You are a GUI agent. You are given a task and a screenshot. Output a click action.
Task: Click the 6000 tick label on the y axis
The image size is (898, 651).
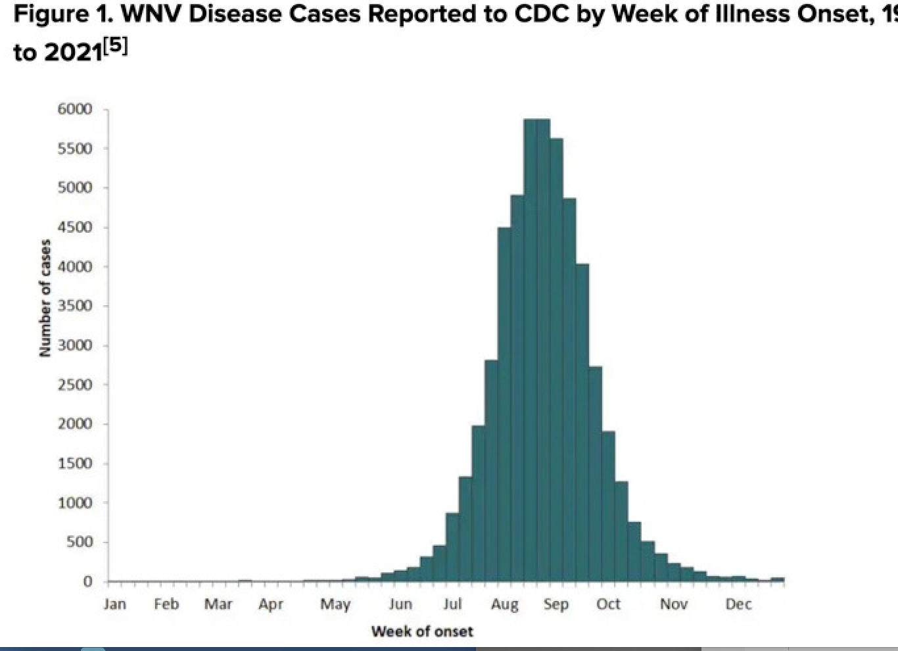(75, 109)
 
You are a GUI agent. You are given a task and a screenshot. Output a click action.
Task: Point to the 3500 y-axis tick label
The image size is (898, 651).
(75, 306)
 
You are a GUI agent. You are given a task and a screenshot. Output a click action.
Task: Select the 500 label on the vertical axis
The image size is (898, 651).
(79, 542)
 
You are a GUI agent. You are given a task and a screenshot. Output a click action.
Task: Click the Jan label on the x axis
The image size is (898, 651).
(115, 604)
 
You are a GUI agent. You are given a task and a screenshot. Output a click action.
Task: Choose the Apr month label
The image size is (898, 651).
(271, 605)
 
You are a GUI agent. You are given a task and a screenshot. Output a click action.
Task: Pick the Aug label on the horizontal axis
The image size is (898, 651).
(505, 605)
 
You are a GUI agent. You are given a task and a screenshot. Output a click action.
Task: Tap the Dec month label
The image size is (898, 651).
(738, 604)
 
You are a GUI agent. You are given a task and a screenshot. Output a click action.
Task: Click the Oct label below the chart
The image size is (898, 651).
(608, 604)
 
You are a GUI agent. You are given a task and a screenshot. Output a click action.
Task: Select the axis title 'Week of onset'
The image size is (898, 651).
(423, 632)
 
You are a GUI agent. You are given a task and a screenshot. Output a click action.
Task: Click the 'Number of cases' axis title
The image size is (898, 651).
(45, 298)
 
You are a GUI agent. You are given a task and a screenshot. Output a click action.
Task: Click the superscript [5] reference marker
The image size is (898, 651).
(116, 47)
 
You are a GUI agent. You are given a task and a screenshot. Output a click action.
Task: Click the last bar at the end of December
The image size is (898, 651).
(778, 579)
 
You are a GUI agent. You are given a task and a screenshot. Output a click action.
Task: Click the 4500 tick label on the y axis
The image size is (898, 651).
(75, 228)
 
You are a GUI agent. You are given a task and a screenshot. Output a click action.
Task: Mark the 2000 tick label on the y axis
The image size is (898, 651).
(75, 424)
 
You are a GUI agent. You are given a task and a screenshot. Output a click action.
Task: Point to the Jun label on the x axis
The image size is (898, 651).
(400, 604)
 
